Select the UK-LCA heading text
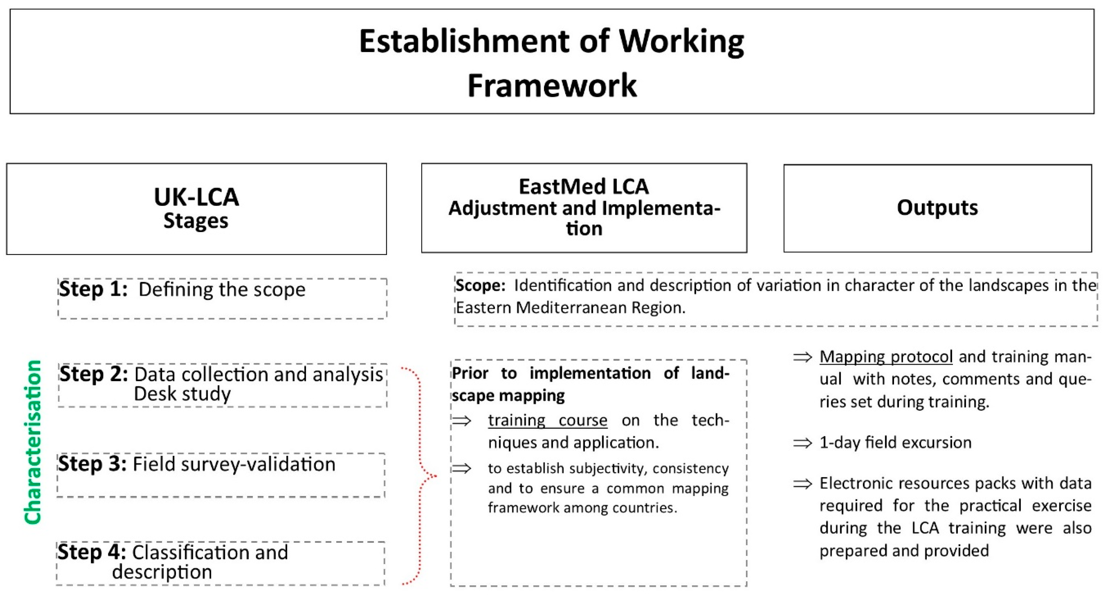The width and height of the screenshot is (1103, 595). tap(196, 197)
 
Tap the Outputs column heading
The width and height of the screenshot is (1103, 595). tap(937, 207)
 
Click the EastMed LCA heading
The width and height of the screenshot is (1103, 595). tap(584, 186)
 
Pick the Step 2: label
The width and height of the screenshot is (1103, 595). tap(94, 374)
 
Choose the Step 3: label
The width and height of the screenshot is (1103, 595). tap(92, 464)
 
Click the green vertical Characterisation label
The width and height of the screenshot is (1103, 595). tap(33, 442)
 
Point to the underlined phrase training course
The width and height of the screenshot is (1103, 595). tap(547, 420)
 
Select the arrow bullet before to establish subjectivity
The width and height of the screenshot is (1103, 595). tap(462, 468)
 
